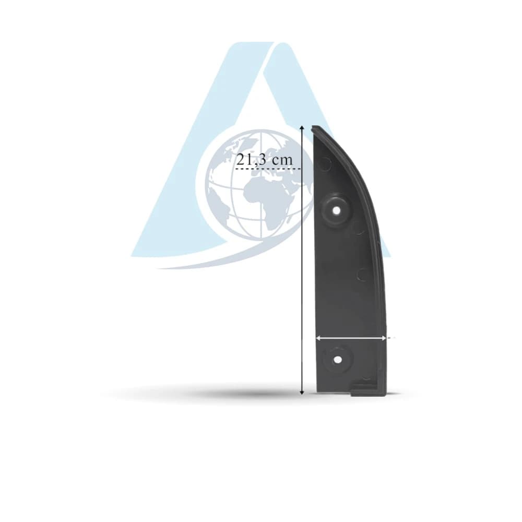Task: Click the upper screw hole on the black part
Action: point(337,211)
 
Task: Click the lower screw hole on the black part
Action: point(338,360)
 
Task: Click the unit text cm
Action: point(282,160)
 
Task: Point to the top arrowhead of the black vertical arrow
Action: point(302,127)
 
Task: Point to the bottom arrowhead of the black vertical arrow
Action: point(302,392)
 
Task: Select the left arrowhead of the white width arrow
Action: point(318,338)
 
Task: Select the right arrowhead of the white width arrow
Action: point(384,338)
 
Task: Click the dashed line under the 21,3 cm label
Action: point(268,169)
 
